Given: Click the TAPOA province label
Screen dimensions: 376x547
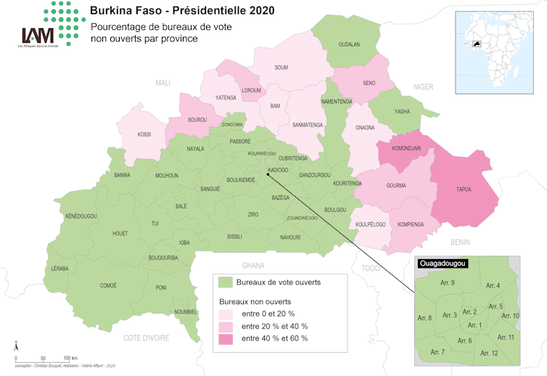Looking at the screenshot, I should click(464, 189).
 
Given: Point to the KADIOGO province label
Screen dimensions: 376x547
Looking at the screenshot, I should click(278, 170).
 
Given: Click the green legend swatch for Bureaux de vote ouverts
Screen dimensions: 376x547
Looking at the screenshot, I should click(226, 282).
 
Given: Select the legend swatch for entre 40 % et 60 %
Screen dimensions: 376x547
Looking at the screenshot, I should click(226, 338).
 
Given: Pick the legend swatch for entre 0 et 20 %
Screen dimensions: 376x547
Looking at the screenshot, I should click(226, 314).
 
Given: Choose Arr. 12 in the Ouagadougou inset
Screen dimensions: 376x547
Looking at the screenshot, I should click(490, 353).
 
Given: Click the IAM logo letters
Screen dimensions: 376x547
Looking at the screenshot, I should click(38, 36).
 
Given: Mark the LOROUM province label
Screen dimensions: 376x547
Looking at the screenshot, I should click(251, 91).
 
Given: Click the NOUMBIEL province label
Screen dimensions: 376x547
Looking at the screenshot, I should click(186, 312).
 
